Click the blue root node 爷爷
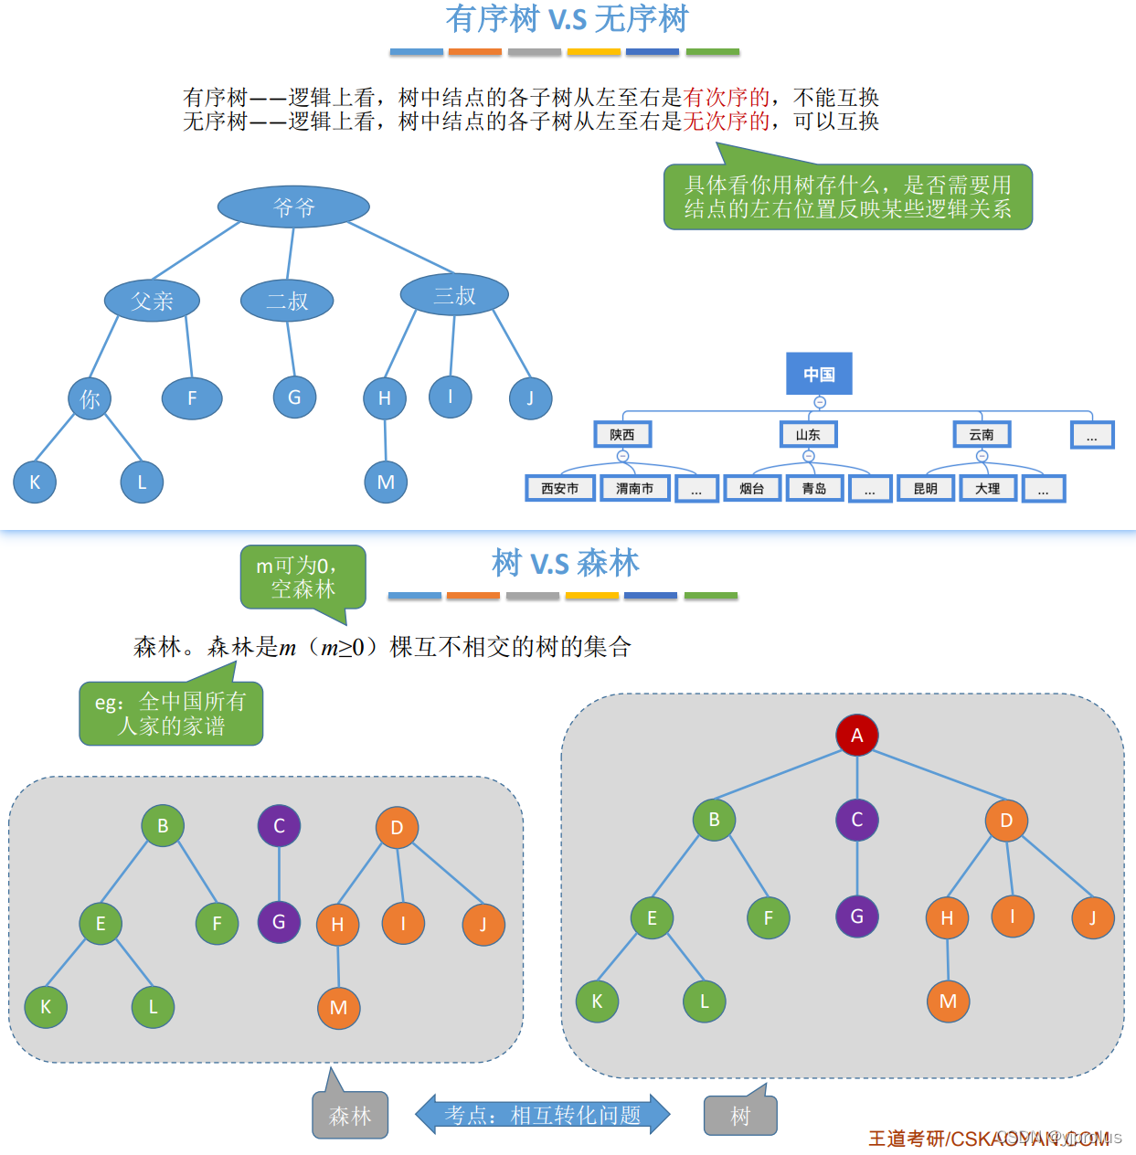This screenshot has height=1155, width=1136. coord(293,207)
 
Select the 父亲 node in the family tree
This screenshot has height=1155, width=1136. coord(152,301)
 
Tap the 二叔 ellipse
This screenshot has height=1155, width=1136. coord(287,301)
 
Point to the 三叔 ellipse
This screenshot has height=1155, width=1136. coord(454,295)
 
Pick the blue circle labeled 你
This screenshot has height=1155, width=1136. coord(90,398)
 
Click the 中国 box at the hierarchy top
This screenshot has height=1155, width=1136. coord(819,374)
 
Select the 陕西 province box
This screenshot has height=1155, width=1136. coord(622,434)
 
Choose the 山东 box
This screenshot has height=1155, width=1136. coord(808,434)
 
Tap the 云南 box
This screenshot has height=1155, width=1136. coord(982,434)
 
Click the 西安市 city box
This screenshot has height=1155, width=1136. coord(560,489)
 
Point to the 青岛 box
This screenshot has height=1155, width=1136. coord(814,489)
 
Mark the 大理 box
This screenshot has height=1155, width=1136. coord(988,489)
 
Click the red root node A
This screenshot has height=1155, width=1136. coord(857,735)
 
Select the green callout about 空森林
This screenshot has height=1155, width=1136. coord(303,577)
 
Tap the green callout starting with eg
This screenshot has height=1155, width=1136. coord(171,714)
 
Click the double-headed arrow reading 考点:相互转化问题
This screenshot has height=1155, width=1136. coord(543,1115)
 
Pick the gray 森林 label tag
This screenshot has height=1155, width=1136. coord(350,1116)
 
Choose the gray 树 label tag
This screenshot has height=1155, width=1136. coord(740,1116)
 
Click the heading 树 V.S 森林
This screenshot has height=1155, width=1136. coord(565,563)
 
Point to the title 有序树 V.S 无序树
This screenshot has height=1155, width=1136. coord(567,18)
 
